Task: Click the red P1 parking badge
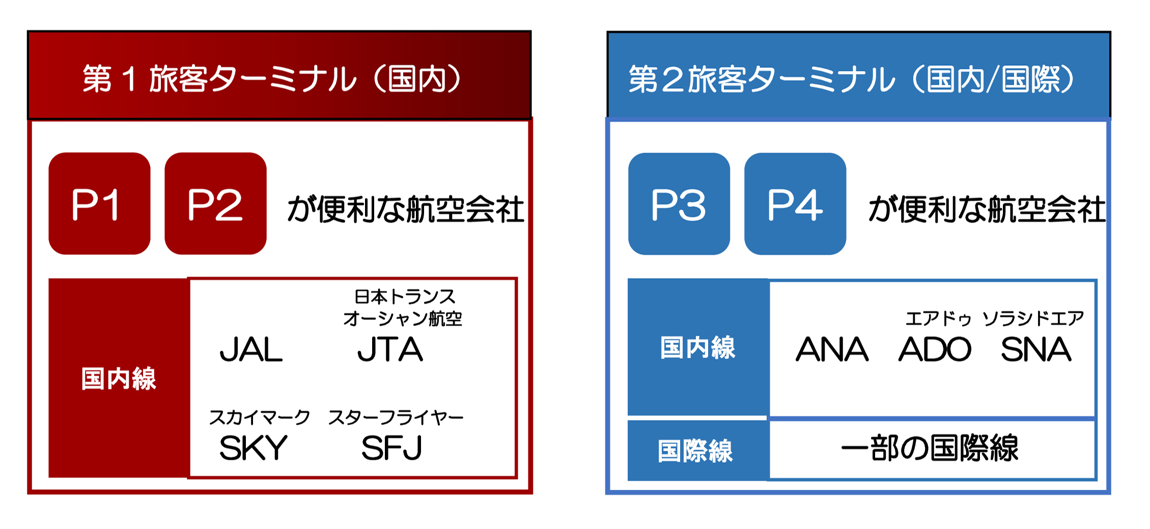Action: [x=99, y=203]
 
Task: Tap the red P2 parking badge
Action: [x=215, y=203]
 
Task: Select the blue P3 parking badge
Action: [x=679, y=204]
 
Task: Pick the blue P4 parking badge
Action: [x=795, y=204]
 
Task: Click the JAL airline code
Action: [x=251, y=350]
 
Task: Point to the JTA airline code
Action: [x=390, y=350]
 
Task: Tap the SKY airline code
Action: [x=254, y=448]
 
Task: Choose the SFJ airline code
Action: [x=391, y=448]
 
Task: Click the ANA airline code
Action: [x=832, y=349]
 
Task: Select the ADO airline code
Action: [x=935, y=349]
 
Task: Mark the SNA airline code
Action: [x=1036, y=349]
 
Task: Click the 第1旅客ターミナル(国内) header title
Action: [x=272, y=79]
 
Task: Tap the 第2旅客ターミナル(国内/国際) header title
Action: [x=852, y=79]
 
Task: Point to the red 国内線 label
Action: [x=119, y=379]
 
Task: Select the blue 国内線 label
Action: [x=698, y=348]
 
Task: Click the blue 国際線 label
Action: [x=695, y=451]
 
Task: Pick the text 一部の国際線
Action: [x=930, y=448]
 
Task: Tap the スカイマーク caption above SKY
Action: [x=260, y=417]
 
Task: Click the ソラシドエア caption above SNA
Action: [x=1033, y=319]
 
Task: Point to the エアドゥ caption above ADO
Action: [x=938, y=319]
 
